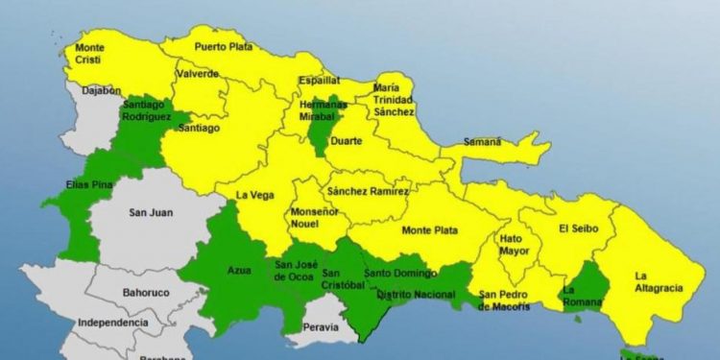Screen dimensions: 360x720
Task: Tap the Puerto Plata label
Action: coord(222,46)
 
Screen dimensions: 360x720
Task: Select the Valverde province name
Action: coord(197,74)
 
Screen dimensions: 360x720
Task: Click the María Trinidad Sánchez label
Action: coord(394,100)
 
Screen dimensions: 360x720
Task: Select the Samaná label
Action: coord(483,142)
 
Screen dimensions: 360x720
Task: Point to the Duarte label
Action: coord(347,141)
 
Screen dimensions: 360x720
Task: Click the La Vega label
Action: coord(252,195)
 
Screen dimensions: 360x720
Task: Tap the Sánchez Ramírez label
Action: coord(367,191)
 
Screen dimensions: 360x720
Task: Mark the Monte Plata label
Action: coord(429,230)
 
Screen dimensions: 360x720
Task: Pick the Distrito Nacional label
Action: coord(416,295)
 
